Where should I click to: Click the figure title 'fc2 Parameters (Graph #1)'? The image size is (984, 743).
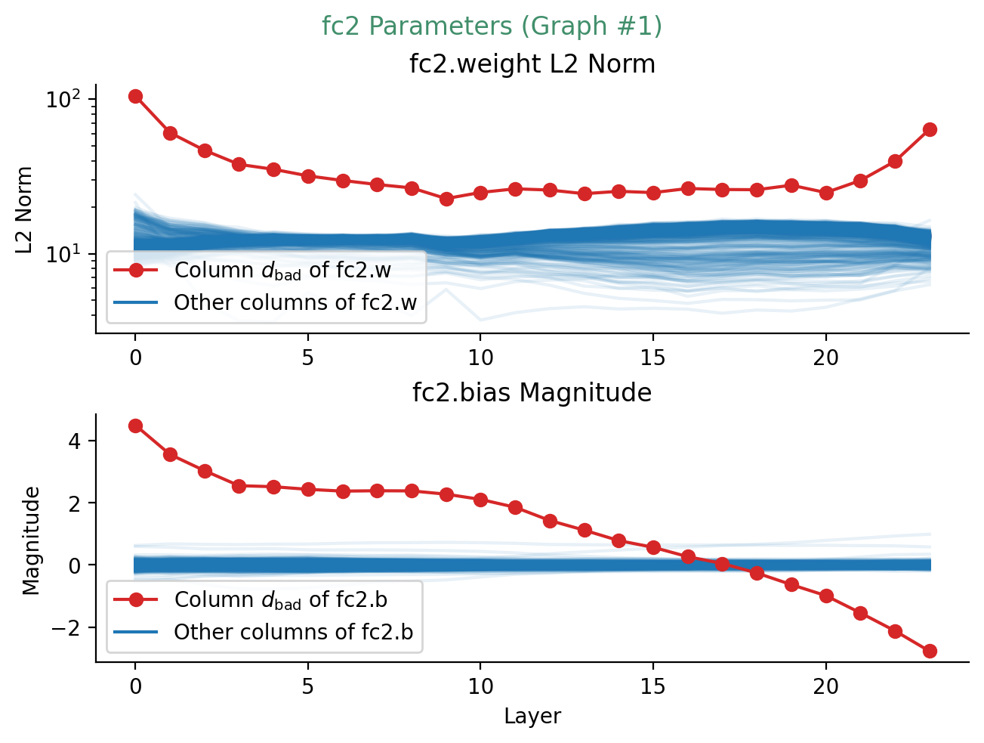coord(492,26)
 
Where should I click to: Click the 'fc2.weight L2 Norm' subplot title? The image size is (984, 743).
coord(532,64)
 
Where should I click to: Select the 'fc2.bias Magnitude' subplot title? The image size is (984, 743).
coord(532,393)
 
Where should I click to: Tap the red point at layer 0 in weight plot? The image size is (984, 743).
coord(136,96)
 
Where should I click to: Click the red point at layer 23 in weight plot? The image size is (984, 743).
coord(930,129)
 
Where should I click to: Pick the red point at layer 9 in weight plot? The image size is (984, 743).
coord(446,199)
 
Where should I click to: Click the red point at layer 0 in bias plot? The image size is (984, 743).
coord(136,426)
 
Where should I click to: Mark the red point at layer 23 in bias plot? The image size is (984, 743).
coord(930,651)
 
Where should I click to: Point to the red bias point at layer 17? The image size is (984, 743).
coord(723,563)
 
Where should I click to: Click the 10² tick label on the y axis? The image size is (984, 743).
coord(63,100)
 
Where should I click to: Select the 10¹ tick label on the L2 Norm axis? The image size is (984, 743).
coord(63,254)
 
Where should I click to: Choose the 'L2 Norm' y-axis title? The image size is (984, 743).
coord(25,209)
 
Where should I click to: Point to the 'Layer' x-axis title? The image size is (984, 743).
coord(532,717)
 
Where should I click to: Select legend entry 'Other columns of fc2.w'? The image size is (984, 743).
coord(295,303)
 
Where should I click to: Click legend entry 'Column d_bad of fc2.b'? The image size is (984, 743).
coord(281,600)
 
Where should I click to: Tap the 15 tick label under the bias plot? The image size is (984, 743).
coord(653,687)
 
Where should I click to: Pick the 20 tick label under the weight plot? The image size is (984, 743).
coord(826,358)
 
